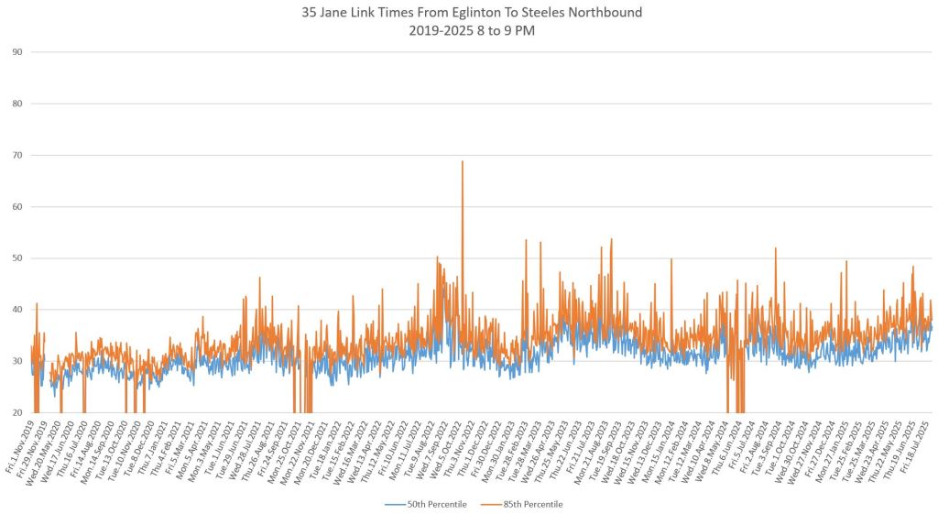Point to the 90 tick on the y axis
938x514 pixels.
coord(16,52)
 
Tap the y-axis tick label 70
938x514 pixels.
coord(16,156)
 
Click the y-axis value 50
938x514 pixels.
coord(16,258)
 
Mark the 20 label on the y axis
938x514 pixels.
coord(16,413)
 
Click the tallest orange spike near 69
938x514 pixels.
coord(463,163)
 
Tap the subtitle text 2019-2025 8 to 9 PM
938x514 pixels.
coord(469,30)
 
